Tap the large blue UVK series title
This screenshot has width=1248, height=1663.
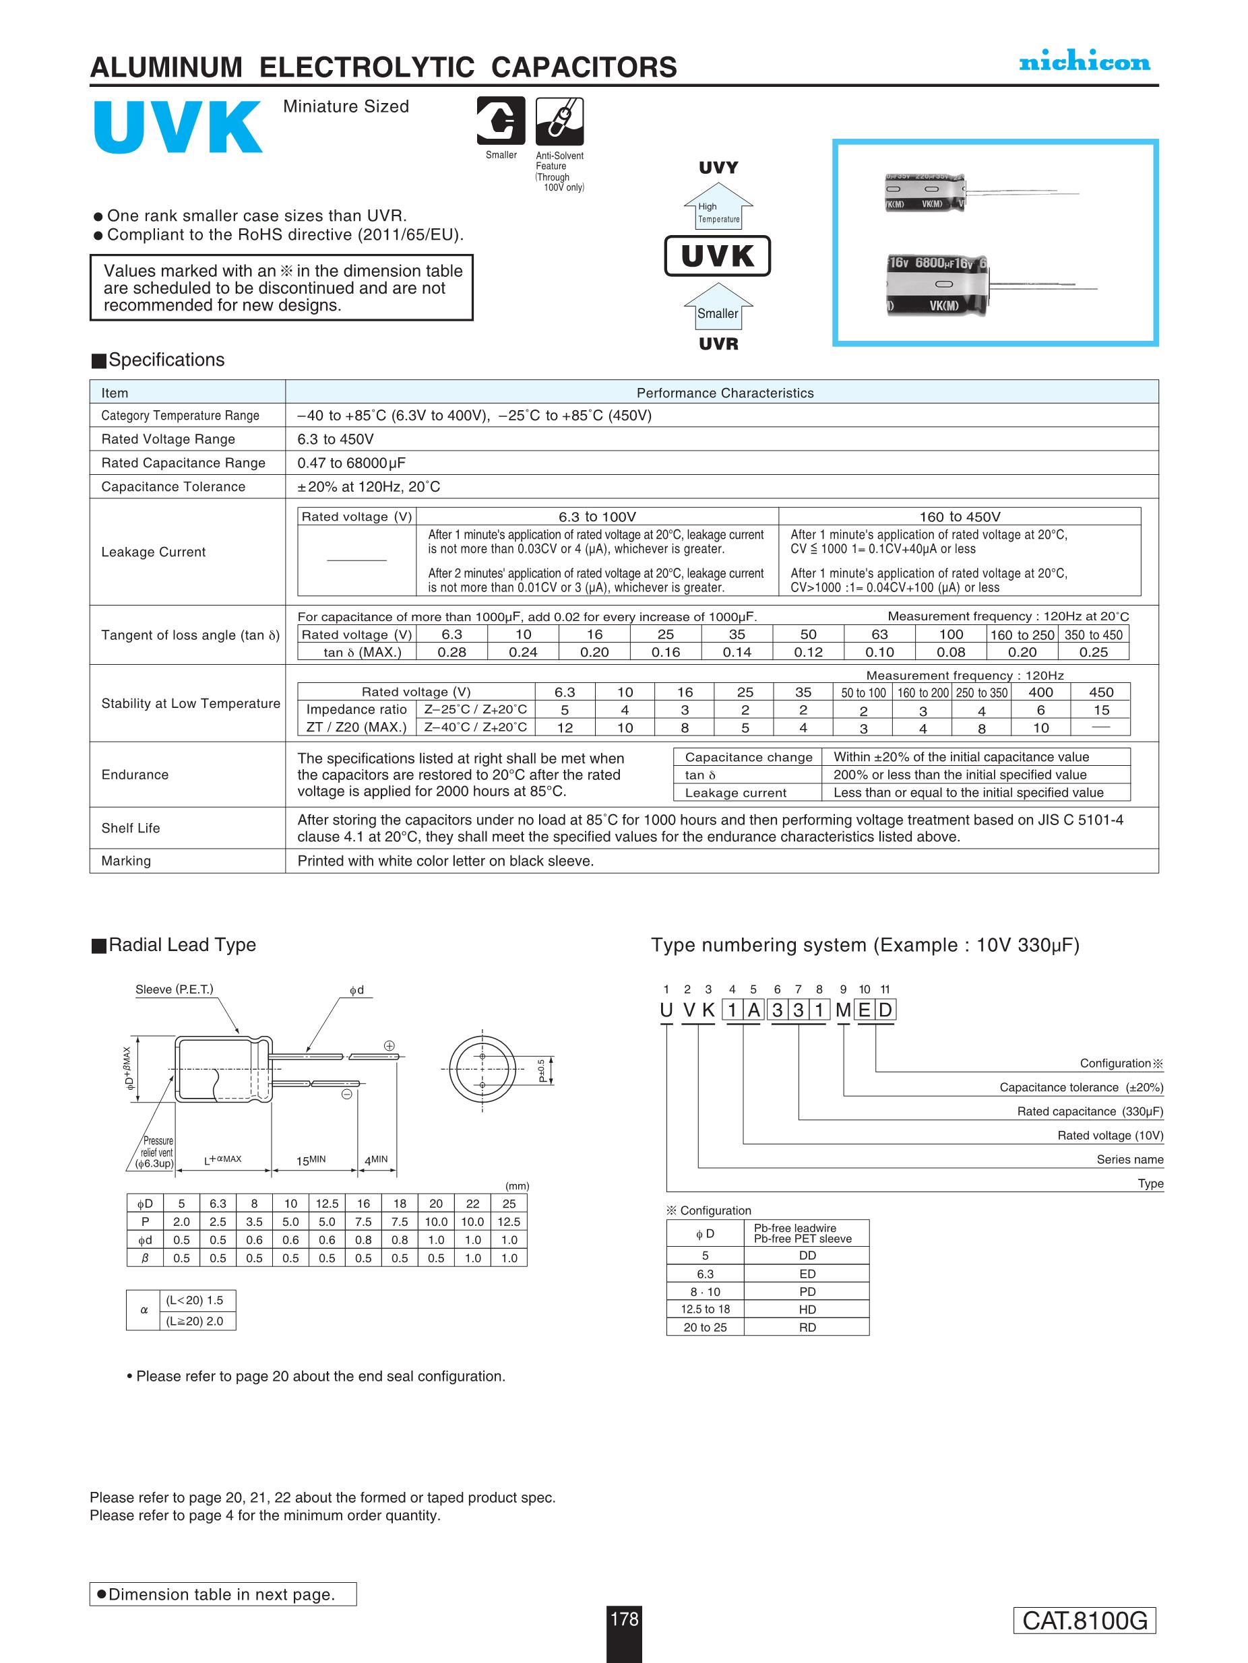pyautogui.click(x=177, y=127)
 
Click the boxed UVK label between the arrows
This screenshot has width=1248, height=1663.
pyautogui.click(x=718, y=256)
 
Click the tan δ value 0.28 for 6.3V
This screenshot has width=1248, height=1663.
pyautogui.click(x=451, y=653)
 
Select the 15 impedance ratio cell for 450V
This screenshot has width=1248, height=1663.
pyautogui.click(x=1100, y=711)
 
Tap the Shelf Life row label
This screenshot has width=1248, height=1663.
pyautogui.click(x=131, y=828)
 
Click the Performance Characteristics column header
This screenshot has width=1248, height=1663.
pyautogui.click(x=724, y=393)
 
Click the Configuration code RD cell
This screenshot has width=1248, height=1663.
pyautogui.click(x=807, y=1328)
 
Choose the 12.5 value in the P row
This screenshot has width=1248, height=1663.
pyautogui.click(x=509, y=1222)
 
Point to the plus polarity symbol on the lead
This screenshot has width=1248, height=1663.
pyautogui.click(x=389, y=1045)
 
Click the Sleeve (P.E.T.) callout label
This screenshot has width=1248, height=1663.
pyautogui.click(x=174, y=989)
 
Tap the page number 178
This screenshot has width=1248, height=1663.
pyautogui.click(x=623, y=1619)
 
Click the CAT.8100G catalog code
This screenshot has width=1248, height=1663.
pyautogui.click(x=1084, y=1621)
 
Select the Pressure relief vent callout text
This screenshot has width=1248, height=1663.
pyautogui.click(x=157, y=1152)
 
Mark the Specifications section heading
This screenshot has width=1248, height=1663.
pyautogui.click(x=166, y=360)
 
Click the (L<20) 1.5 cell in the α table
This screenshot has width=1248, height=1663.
pyautogui.click(x=195, y=1300)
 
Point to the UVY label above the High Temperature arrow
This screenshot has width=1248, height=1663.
pyautogui.click(x=718, y=168)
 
